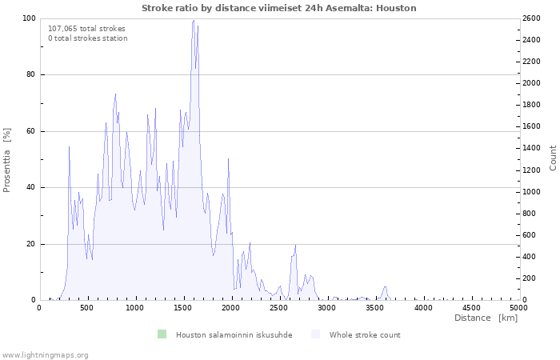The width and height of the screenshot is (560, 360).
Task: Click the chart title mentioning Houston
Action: click(279, 8)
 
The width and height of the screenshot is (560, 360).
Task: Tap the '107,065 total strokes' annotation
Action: click(86, 29)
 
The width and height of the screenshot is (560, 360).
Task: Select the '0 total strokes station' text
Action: click(88, 38)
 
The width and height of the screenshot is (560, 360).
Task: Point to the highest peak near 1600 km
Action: click(194, 20)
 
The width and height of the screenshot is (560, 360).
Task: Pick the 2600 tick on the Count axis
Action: click(531, 18)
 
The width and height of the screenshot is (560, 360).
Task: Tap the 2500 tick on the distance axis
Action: click(278, 308)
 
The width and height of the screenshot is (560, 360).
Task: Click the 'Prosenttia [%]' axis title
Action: click(6, 160)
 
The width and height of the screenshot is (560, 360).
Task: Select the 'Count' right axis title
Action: click(553, 158)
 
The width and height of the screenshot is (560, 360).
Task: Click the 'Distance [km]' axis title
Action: click(486, 318)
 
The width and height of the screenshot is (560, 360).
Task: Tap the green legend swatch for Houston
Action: click(162, 334)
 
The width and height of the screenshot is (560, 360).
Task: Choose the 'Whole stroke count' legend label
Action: click(365, 335)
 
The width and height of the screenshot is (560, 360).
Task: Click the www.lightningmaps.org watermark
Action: click(45, 355)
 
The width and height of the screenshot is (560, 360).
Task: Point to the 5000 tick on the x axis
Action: click(518, 308)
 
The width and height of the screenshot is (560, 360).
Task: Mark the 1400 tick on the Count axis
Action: click(531, 148)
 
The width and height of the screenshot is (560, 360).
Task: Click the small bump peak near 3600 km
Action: click(385, 286)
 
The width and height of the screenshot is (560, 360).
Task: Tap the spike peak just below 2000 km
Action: click(228, 158)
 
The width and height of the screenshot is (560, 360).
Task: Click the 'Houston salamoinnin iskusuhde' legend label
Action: click(234, 335)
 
